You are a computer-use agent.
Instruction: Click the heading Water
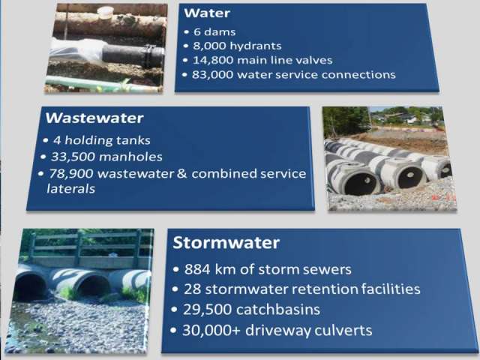click(207, 13)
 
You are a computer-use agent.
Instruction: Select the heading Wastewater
click(94, 118)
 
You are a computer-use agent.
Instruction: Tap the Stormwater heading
click(226, 242)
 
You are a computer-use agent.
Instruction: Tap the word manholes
click(130, 157)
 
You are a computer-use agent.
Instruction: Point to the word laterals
click(70, 188)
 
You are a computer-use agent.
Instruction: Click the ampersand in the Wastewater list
click(181, 173)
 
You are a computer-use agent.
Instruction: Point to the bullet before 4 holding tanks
click(46, 140)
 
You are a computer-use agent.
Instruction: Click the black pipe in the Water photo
click(133, 55)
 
